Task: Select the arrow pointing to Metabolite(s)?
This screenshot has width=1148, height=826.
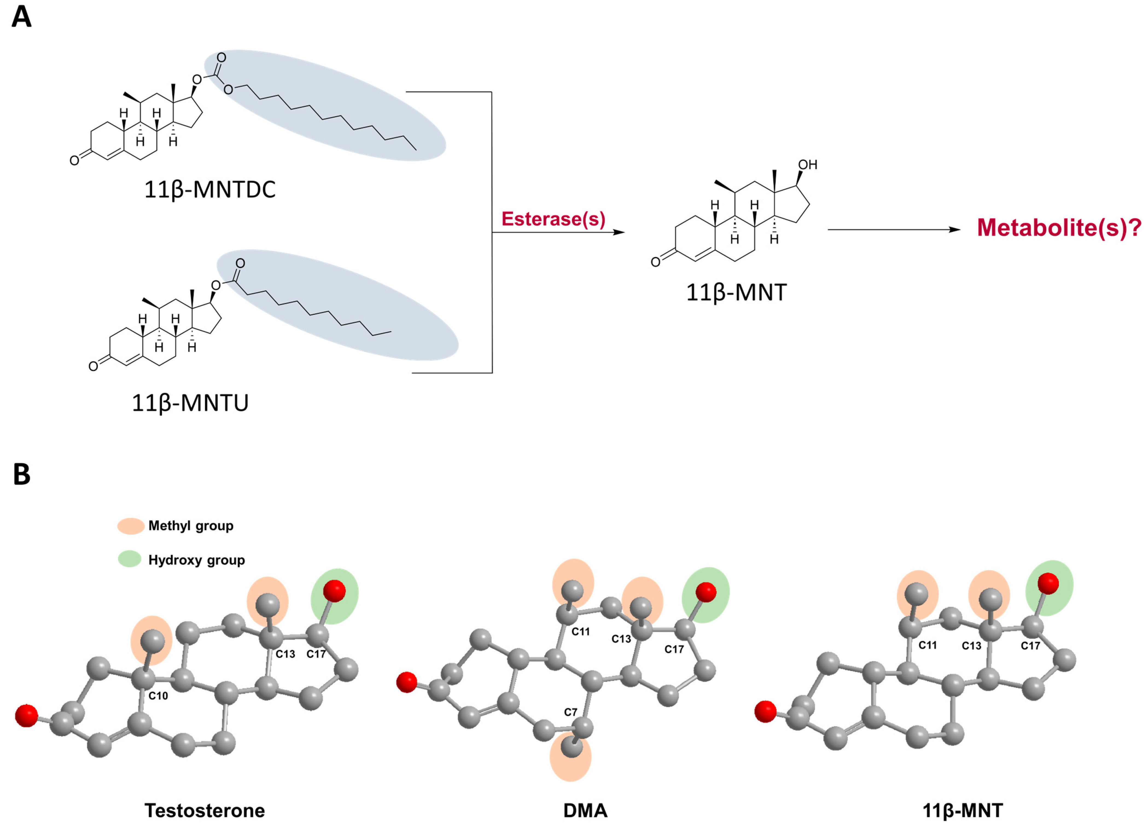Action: [893, 230]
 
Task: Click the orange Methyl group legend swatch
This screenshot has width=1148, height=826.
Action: [131, 526]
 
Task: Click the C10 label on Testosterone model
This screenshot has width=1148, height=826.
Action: [158, 696]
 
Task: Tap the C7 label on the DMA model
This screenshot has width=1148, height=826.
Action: [570, 712]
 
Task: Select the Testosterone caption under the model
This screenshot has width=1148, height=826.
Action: [205, 810]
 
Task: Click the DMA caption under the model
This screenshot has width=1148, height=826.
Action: [585, 810]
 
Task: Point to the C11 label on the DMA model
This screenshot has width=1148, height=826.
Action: [581, 632]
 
